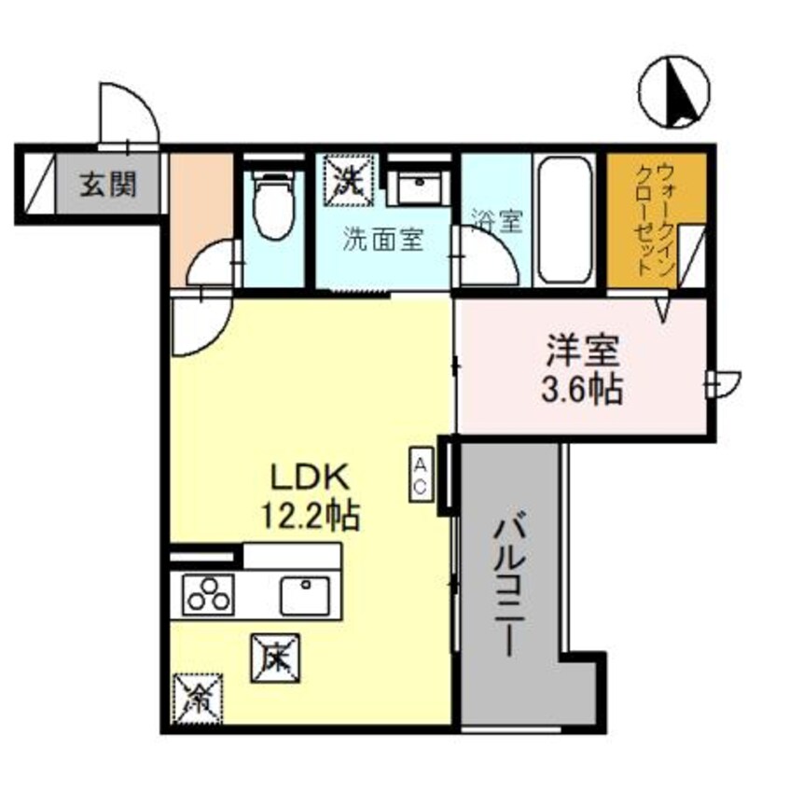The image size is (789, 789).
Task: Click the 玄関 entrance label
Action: coord(107,185)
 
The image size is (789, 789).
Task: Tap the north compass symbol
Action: coord(675,93)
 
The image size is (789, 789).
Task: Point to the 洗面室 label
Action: coord(383,241)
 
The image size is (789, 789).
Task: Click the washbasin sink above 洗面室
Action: coord(419,187)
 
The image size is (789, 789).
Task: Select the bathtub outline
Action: coord(566,220)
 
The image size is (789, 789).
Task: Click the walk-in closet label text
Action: coord(653,220)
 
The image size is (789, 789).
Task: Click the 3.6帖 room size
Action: coord(582,389)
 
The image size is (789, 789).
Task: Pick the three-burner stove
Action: coord(207,593)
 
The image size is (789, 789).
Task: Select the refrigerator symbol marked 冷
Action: coord(197,697)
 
